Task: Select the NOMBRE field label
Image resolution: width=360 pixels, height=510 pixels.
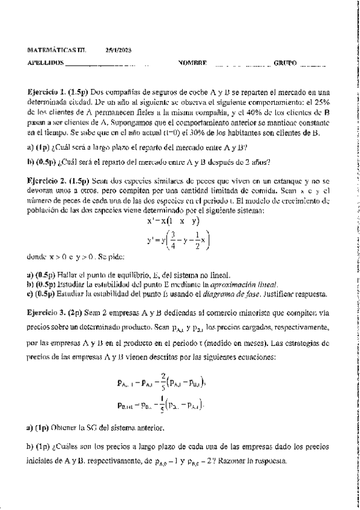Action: click(x=192, y=63)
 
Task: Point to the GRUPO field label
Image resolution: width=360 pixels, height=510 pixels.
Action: click(x=285, y=63)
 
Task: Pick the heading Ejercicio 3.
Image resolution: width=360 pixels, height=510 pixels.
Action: click(x=47, y=313)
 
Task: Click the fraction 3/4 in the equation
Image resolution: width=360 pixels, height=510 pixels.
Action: click(x=172, y=240)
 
